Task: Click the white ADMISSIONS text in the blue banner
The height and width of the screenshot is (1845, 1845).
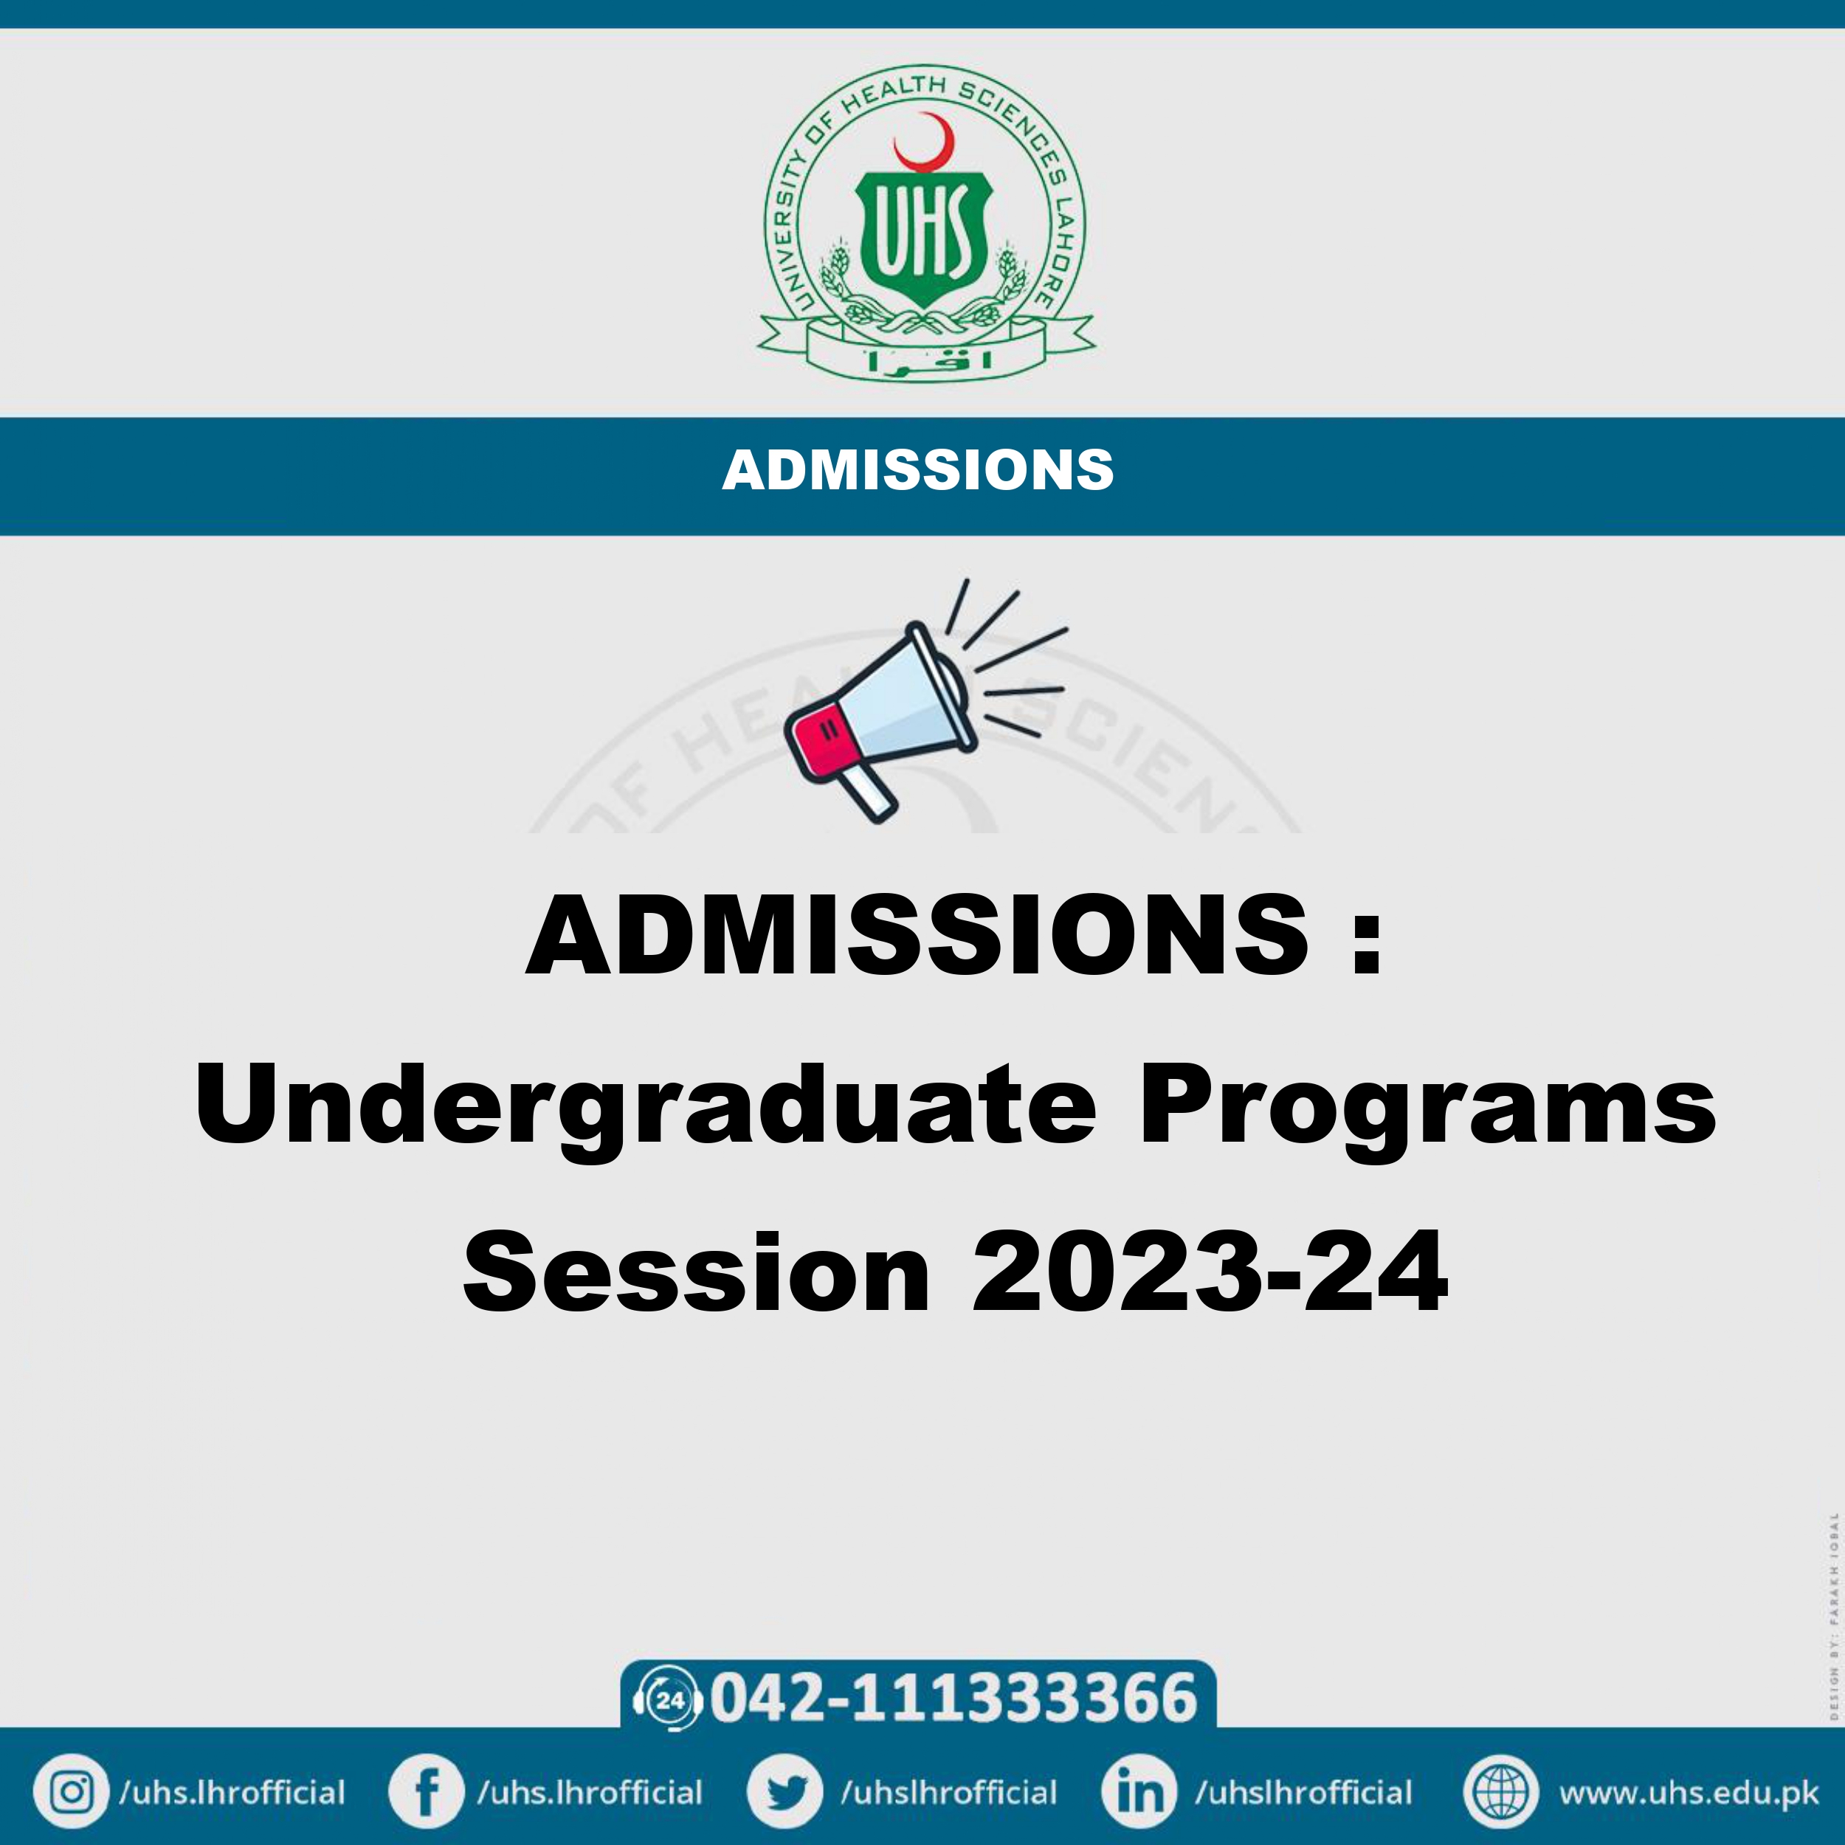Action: point(918,470)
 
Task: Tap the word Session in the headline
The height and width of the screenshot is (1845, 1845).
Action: point(696,1273)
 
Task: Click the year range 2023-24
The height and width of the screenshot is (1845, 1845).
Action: point(1209,1273)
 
